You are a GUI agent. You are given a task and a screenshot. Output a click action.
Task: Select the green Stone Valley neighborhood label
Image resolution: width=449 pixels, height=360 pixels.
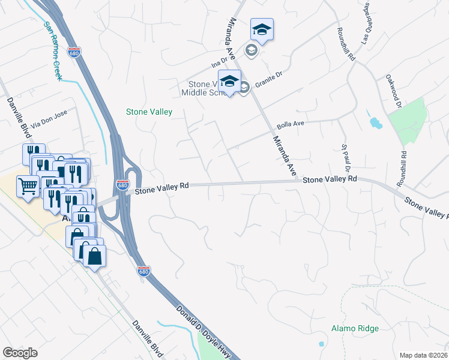pyautogui.click(x=149, y=112)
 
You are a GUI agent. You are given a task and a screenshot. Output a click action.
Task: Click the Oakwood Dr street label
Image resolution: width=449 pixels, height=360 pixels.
pyautogui.click(x=394, y=92)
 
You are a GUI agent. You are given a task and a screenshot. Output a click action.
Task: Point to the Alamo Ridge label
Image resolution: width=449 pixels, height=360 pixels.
pyautogui.click(x=355, y=328)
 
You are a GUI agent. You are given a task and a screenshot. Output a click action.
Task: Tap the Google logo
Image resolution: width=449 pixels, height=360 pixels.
pyautogui.click(x=20, y=353)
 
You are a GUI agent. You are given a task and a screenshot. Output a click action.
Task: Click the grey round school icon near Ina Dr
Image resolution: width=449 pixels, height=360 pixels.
pyautogui.click(x=251, y=50)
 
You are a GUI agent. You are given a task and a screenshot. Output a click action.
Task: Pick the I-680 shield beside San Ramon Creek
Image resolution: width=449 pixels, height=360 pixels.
pyautogui.click(x=74, y=52)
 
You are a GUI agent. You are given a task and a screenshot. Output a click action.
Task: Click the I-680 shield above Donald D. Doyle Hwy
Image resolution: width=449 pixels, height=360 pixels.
pyautogui.click(x=143, y=271)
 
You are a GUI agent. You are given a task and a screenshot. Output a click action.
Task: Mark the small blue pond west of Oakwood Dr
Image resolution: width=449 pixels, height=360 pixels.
pyautogui.click(x=376, y=124)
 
